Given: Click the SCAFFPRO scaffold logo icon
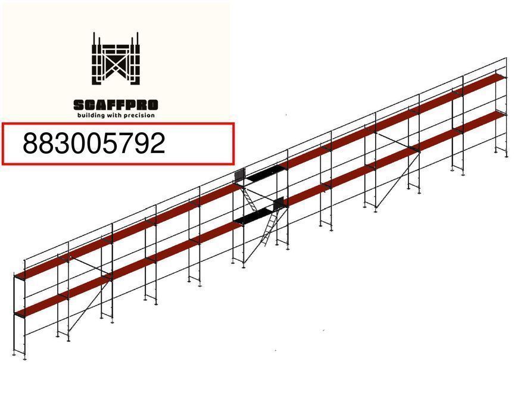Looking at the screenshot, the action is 116,58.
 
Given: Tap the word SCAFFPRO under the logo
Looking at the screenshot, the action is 116,105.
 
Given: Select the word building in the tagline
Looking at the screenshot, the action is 91,116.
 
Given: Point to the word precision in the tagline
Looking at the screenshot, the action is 139,116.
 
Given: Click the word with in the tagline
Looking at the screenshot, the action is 114,115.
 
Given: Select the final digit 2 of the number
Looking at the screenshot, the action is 158,143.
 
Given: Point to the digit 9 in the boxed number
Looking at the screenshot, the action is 142,143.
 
